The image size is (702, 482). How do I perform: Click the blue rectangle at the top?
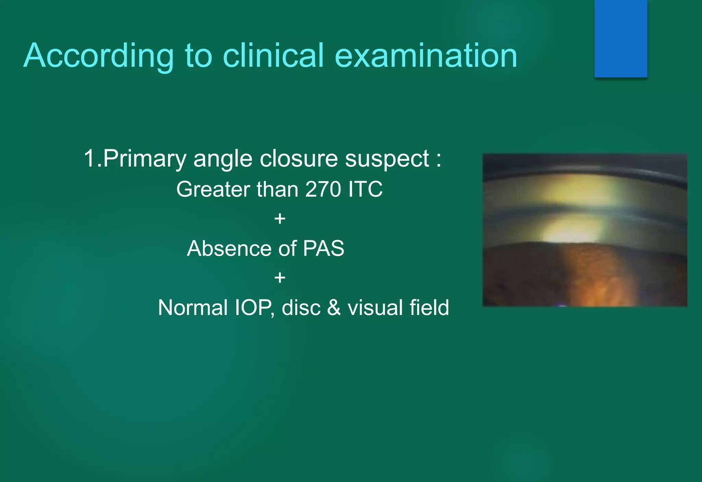(x=620, y=38)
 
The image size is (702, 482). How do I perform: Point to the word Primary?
(x=144, y=159)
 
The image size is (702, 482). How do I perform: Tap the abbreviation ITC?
(x=365, y=189)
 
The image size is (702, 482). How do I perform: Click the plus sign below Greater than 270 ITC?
(x=280, y=219)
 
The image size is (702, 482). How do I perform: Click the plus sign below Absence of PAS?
(x=280, y=278)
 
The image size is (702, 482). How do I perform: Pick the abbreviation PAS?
(x=323, y=248)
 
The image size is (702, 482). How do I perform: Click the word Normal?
(x=193, y=307)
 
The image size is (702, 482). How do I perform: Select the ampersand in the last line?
(x=334, y=307)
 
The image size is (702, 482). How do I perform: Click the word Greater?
(x=213, y=189)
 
